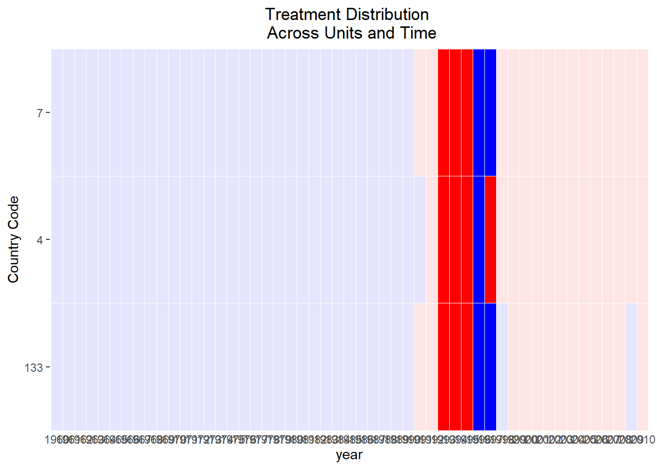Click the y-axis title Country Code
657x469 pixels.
pyautogui.click(x=13, y=239)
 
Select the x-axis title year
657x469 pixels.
pyautogui.click(x=349, y=455)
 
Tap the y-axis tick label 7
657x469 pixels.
pyautogui.click(x=40, y=113)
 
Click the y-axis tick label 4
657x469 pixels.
pyautogui.click(x=40, y=240)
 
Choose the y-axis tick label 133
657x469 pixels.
pyautogui.click(x=34, y=367)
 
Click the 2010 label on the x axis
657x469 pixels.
pyautogui.click(x=646, y=440)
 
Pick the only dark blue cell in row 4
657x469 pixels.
pyautogui.click(x=479, y=239)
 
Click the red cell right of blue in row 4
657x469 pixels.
pyautogui.click(x=490, y=239)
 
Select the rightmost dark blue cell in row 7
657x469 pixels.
pyautogui.click(x=490, y=112)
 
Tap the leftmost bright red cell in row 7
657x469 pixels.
pyautogui.click(x=443, y=112)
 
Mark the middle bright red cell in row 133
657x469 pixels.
pyautogui.click(x=455, y=366)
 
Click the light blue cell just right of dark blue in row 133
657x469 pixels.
pyautogui.click(x=502, y=366)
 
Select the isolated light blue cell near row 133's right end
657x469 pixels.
pyautogui.click(x=631, y=366)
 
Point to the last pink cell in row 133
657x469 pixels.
pyautogui.click(x=643, y=366)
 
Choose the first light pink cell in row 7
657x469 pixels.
pyautogui.click(x=420, y=112)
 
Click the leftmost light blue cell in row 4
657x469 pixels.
pyautogui.click(x=57, y=239)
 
